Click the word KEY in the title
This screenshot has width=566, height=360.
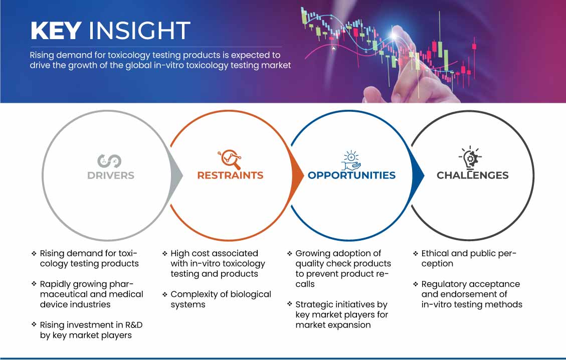(56, 31)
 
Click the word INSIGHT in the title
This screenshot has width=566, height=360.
(139, 31)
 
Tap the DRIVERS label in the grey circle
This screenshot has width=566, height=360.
(111, 175)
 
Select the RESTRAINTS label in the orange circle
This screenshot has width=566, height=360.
(230, 175)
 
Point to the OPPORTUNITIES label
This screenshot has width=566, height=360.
(351, 175)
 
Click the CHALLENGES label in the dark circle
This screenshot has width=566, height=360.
(473, 175)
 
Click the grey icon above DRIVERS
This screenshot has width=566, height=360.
(109, 161)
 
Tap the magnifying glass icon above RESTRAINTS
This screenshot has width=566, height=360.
(230, 159)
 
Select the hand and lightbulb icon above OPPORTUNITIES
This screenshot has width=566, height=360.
(351, 160)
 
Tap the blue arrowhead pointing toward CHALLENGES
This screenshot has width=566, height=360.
(418, 176)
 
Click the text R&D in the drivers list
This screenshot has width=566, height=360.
(134, 325)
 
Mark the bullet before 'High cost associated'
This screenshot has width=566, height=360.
(164, 254)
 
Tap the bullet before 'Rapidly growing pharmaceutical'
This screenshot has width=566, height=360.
(34, 284)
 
